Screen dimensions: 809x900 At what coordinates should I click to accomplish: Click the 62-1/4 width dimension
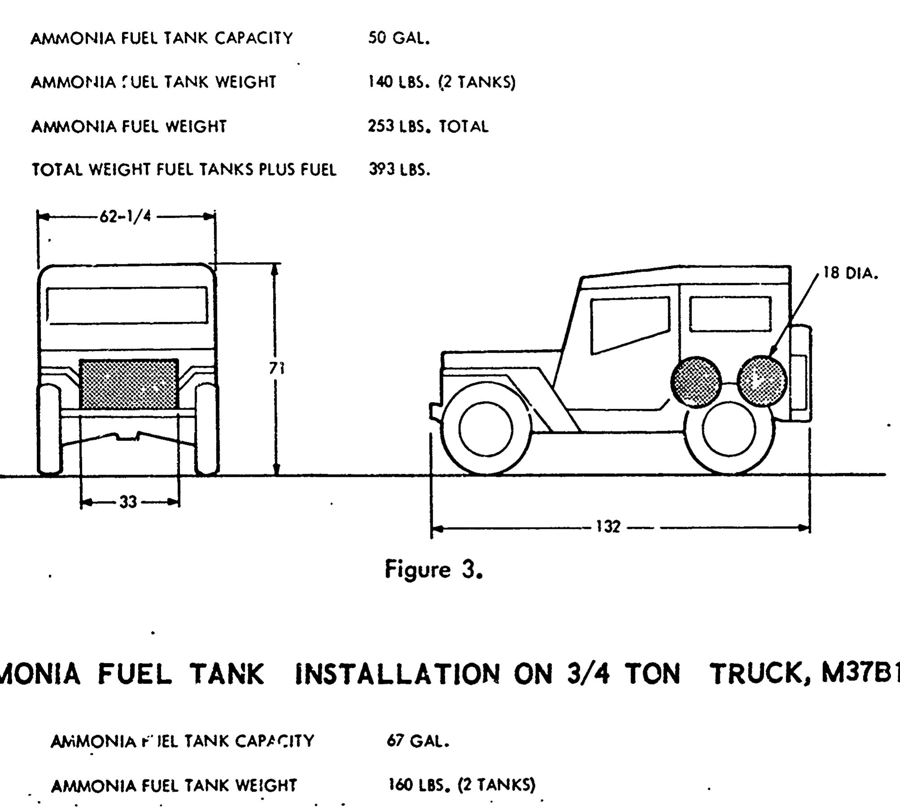click(x=126, y=217)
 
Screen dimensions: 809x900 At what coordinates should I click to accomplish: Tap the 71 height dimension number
click(x=277, y=368)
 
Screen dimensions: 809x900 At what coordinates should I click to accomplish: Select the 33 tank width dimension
click(x=128, y=502)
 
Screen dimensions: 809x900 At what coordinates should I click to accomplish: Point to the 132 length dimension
click(x=608, y=527)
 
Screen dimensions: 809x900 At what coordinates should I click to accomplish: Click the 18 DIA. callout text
click(x=851, y=273)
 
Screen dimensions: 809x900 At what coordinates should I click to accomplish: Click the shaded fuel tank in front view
click(x=129, y=385)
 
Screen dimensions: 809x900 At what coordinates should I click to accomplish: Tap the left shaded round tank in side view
click(x=696, y=382)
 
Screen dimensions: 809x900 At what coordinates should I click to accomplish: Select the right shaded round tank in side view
click(x=762, y=381)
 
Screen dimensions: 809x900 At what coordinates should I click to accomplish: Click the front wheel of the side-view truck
click(x=486, y=429)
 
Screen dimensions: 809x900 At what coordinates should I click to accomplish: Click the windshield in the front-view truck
click(x=127, y=306)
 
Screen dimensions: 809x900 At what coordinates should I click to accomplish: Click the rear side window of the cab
click(x=730, y=314)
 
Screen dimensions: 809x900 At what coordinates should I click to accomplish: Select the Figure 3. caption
click(x=434, y=570)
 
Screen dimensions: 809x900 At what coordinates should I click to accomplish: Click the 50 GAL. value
click(x=399, y=38)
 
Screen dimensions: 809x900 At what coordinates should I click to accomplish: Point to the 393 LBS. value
click(x=399, y=169)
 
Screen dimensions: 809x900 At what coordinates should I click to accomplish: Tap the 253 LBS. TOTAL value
click(x=428, y=126)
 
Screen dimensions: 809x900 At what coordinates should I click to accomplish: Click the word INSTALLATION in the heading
click(x=397, y=673)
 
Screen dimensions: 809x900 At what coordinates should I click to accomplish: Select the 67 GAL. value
click(x=417, y=741)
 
